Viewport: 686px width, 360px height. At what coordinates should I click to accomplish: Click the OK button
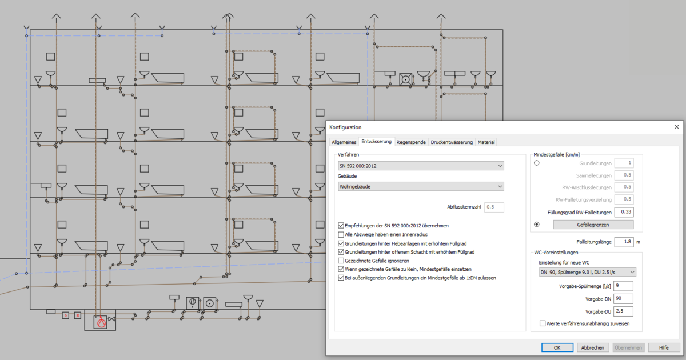coord(557,347)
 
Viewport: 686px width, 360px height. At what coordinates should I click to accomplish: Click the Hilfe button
coord(664,347)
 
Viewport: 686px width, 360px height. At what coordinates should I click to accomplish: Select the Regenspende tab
coord(411,142)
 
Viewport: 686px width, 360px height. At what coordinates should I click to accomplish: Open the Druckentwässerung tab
coord(452,142)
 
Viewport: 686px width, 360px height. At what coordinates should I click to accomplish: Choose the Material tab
coord(486,142)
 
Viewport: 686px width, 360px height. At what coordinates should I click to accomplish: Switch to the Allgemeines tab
coord(344,142)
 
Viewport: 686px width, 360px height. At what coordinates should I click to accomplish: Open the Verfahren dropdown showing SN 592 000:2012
coord(421,166)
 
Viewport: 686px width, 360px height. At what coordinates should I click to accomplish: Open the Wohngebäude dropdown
coord(421,186)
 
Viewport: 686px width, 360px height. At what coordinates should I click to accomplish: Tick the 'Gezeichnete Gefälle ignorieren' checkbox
coord(341,261)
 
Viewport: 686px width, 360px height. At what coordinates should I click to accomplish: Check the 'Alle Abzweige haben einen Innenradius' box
coord(341,234)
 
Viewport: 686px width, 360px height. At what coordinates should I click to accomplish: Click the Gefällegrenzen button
coord(593,225)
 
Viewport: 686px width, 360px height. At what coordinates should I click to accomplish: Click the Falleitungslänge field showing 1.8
coord(624,242)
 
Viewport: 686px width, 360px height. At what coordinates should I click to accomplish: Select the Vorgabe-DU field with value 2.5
coord(623,311)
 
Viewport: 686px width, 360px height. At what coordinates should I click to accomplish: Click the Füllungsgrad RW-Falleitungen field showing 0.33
coord(624,212)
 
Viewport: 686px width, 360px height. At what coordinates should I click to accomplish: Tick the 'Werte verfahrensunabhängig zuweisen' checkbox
coord(543,323)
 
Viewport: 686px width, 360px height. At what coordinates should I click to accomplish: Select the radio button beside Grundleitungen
coord(537,163)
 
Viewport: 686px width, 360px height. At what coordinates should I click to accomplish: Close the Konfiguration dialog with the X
coord(676,127)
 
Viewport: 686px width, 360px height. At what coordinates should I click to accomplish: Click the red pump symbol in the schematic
coord(101,322)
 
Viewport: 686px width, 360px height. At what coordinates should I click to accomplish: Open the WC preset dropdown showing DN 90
coord(588,272)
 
